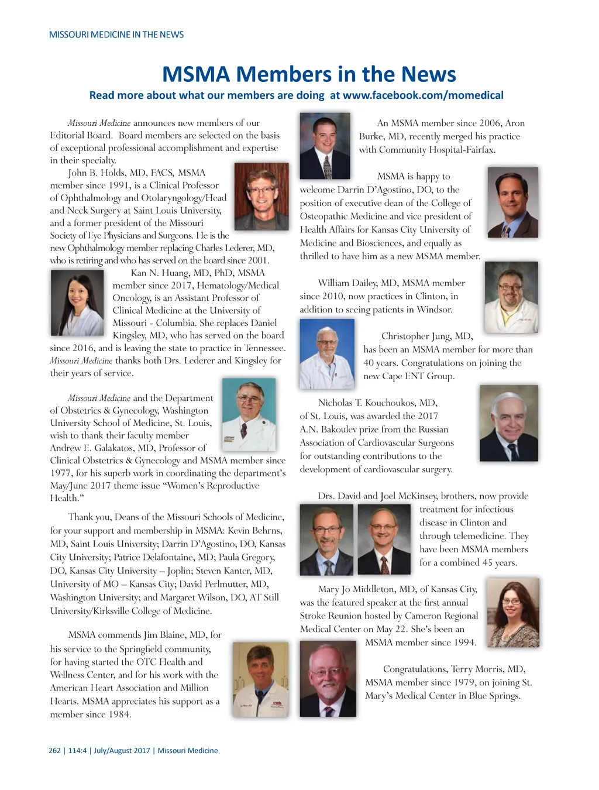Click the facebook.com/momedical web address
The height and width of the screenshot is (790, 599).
(423, 95)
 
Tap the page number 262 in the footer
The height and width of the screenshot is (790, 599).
(54, 751)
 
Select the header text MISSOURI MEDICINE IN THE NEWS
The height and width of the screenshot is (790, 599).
(116, 35)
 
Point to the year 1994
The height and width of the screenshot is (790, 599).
(464, 643)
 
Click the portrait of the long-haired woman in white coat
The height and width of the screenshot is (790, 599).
(77, 303)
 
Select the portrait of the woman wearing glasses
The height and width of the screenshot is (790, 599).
(512, 612)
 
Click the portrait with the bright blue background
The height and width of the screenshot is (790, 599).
(327, 353)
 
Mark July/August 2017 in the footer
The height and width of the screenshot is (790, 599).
(122, 751)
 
